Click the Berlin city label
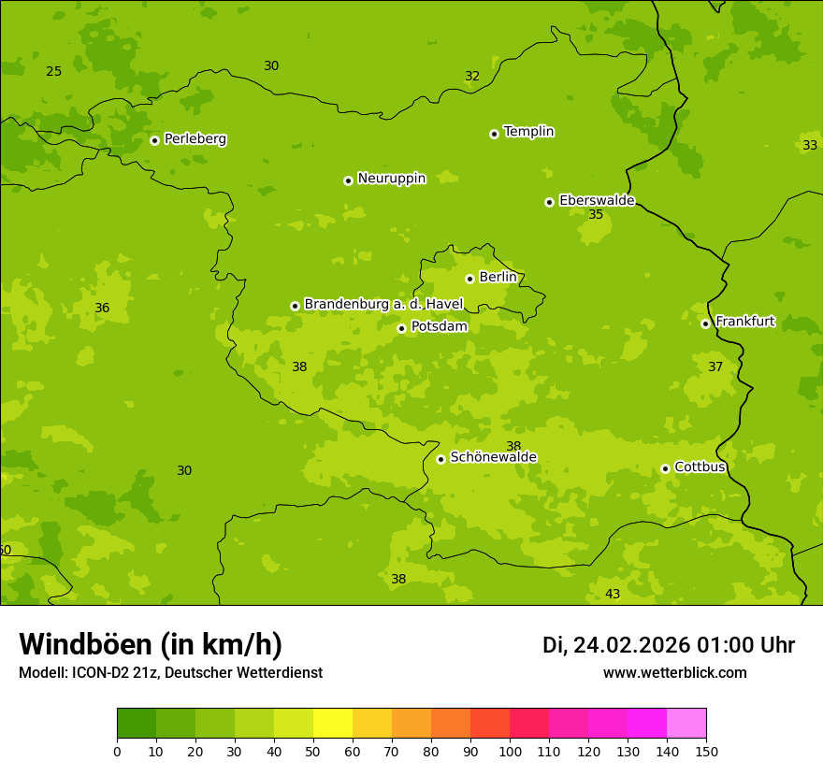[x=498, y=278]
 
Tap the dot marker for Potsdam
[x=401, y=328]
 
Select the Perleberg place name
[x=195, y=139]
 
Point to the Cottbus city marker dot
[x=665, y=468]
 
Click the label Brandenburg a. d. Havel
[x=383, y=305]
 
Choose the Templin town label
[x=528, y=132]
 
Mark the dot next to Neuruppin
[x=348, y=180]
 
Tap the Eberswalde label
[x=597, y=201]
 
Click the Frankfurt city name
[x=744, y=322]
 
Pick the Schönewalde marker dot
[x=440, y=459]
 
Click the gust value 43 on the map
[x=613, y=595]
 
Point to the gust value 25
[x=54, y=72]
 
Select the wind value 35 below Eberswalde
[x=596, y=215]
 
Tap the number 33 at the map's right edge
[x=810, y=145]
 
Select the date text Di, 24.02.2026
[x=615, y=645]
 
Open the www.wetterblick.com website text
[x=674, y=673]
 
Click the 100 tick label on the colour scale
[x=510, y=751]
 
